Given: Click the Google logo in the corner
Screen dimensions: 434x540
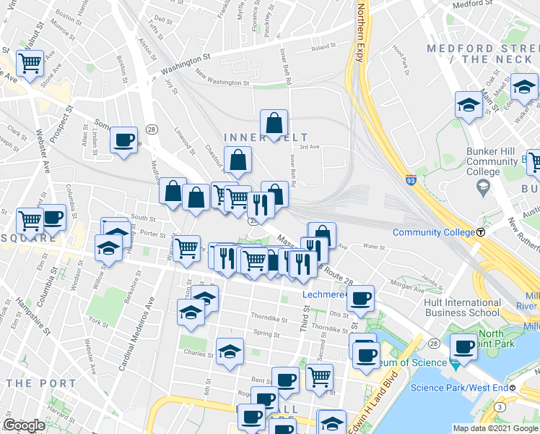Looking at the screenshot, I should [x=23, y=425].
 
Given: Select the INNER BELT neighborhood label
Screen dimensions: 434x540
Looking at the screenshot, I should [x=266, y=137].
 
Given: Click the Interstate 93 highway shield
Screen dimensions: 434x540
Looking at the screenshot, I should [x=410, y=177].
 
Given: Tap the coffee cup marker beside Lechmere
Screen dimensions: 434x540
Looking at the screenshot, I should [x=360, y=298].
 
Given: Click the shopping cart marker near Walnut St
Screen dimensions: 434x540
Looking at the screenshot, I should [x=30, y=64].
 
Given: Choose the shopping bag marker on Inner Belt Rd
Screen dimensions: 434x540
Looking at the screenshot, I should [x=274, y=124].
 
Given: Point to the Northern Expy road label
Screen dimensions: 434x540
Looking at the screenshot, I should [x=360, y=33].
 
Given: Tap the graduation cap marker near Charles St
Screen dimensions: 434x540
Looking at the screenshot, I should [x=230, y=352].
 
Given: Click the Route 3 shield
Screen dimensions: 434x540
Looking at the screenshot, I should [x=500, y=408].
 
